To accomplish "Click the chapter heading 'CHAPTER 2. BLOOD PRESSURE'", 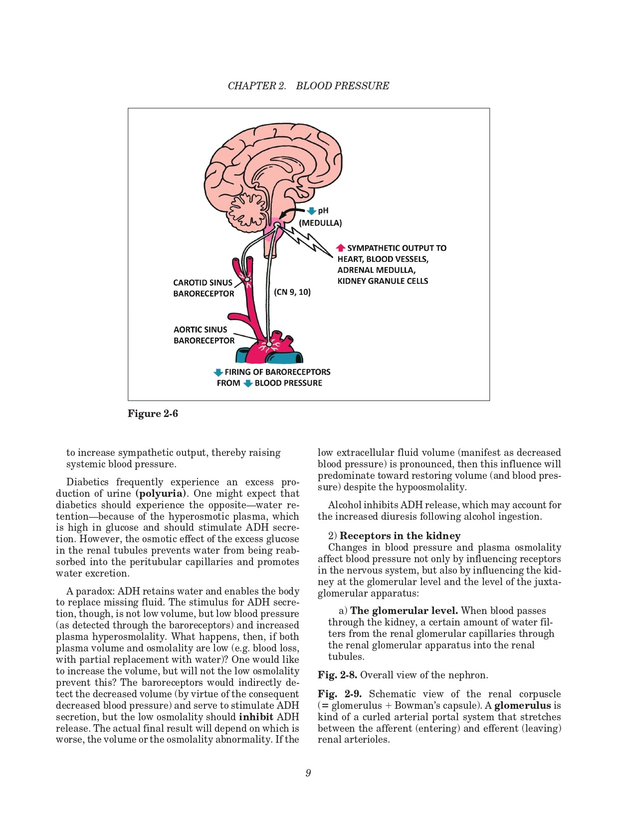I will click(x=308, y=86).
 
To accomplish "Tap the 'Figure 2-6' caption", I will click(x=153, y=413).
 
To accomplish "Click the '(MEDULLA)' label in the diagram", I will click(x=320, y=223).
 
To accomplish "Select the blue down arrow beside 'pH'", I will click(x=312, y=211).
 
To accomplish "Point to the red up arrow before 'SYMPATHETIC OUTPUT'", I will click(x=341, y=248).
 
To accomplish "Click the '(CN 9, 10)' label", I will click(x=292, y=292).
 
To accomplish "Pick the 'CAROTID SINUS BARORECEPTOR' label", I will click(x=203, y=288).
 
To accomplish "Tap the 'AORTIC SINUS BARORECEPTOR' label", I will click(x=204, y=335).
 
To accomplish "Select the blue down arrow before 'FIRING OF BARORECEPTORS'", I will click(x=218, y=372).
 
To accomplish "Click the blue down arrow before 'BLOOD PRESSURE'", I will click(x=248, y=384).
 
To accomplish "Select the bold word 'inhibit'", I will click(x=256, y=717).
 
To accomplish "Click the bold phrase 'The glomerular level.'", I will click(x=404, y=611).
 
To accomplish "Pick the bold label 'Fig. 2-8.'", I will click(x=337, y=675).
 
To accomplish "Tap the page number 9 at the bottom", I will click(x=308, y=773).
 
